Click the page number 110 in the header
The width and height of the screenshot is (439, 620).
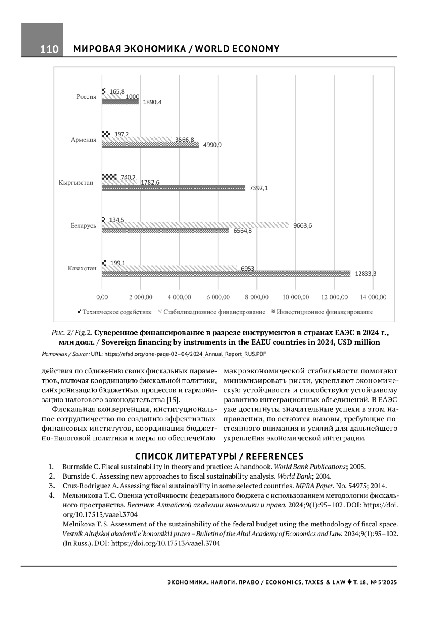coord(49,49)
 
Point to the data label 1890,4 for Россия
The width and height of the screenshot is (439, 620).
coord(152,102)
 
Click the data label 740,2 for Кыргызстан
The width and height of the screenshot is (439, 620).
coord(128,177)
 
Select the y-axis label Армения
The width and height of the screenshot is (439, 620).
coord(84,140)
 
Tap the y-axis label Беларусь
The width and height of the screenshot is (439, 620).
coord(84,225)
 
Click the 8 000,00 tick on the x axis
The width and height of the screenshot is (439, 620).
coord(257,297)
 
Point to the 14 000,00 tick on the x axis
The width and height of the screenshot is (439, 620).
coord(373,297)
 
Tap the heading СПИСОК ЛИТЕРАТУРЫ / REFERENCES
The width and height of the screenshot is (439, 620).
coord(219,456)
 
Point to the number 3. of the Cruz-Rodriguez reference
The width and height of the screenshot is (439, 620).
coord(52,486)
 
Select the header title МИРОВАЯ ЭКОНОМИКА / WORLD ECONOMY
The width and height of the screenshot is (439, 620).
coord(177,49)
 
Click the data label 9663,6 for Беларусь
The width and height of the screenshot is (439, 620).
coord(303,225)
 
